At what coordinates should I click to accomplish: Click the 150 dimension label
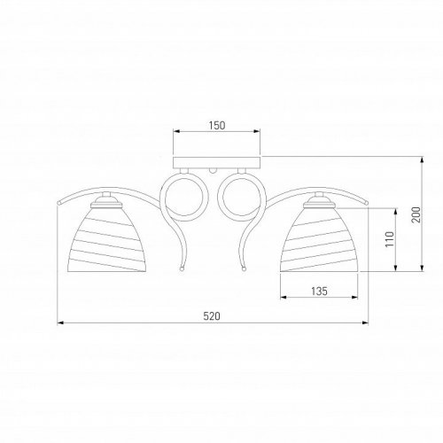point(217,126)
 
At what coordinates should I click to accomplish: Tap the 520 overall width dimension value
point(212,316)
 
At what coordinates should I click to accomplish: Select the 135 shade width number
point(319,291)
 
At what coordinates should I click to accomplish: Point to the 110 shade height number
point(390,239)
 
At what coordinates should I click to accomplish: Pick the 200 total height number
point(416,214)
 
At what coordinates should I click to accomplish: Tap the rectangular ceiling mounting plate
point(217,162)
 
